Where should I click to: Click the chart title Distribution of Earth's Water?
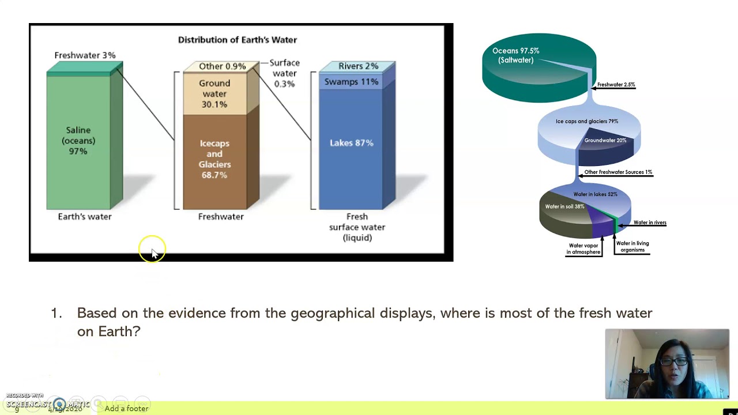coord(237,40)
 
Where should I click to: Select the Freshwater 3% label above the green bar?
coord(85,55)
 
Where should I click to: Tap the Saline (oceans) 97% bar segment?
coord(78,141)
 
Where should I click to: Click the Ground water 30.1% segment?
coord(214,94)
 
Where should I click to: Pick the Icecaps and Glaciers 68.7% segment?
coord(214,159)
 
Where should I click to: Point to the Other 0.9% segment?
coord(222,66)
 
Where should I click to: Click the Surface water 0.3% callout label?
coord(284,73)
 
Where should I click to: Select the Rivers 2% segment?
coord(358,66)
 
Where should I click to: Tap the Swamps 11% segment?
coord(351,82)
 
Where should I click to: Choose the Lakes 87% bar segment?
coord(351,143)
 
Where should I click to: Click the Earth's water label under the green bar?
coord(85,217)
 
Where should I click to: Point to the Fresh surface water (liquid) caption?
coord(357,227)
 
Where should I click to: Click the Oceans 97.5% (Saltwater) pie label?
coord(516,55)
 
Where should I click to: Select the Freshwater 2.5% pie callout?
coord(616,85)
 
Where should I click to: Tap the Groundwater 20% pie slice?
coord(605,141)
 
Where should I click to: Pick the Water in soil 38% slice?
coord(564,207)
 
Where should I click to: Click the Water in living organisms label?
coord(632,247)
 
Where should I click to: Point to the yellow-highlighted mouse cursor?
coord(152,250)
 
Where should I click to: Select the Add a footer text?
coord(126,409)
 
